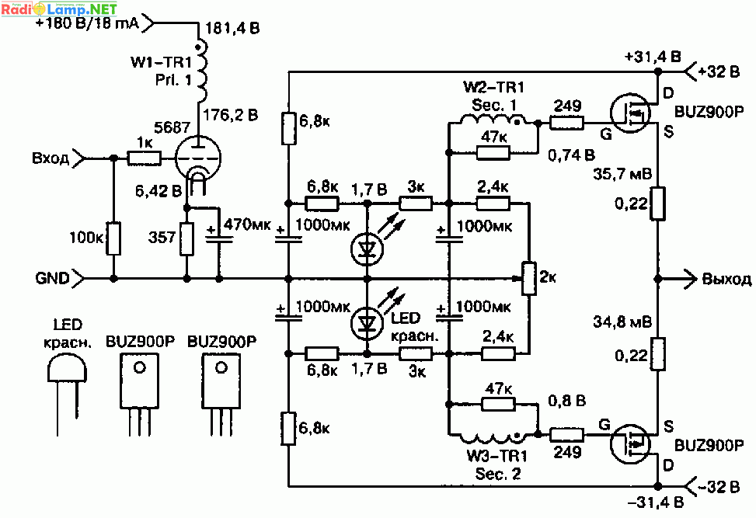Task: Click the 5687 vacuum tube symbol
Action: tap(197, 159)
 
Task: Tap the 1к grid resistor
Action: tap(145, 158)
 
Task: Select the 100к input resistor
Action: tap(113, 238)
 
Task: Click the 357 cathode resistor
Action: tap(187, 238)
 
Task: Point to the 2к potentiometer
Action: tap(529, 278)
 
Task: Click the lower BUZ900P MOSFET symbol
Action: tap(630, 443)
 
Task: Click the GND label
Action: tap(52, 278)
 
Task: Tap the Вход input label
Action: tap(51, 158)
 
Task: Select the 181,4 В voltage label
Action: tap(232, 28)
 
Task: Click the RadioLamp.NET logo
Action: tap(59, 9)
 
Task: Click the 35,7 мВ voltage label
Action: tap(622, 173)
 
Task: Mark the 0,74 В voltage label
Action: tap(571, 155)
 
